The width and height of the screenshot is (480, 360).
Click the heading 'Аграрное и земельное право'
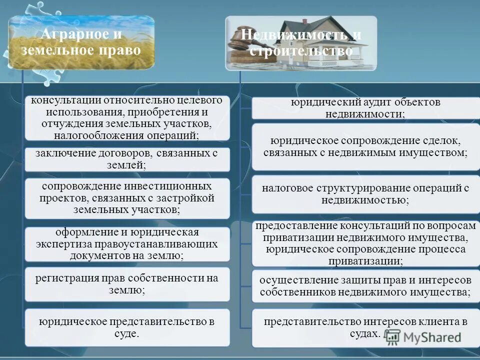(x=81, y=43)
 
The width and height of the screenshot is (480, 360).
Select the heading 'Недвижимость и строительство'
(x=301, y=43)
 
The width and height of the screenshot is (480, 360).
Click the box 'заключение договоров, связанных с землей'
(x=127, y=159)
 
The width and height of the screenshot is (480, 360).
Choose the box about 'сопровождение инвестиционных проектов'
(x=127, y=198)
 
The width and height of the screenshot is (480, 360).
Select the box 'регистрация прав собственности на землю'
(x=127, y=284)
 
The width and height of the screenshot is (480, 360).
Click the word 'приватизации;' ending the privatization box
(x=365, y=261)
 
